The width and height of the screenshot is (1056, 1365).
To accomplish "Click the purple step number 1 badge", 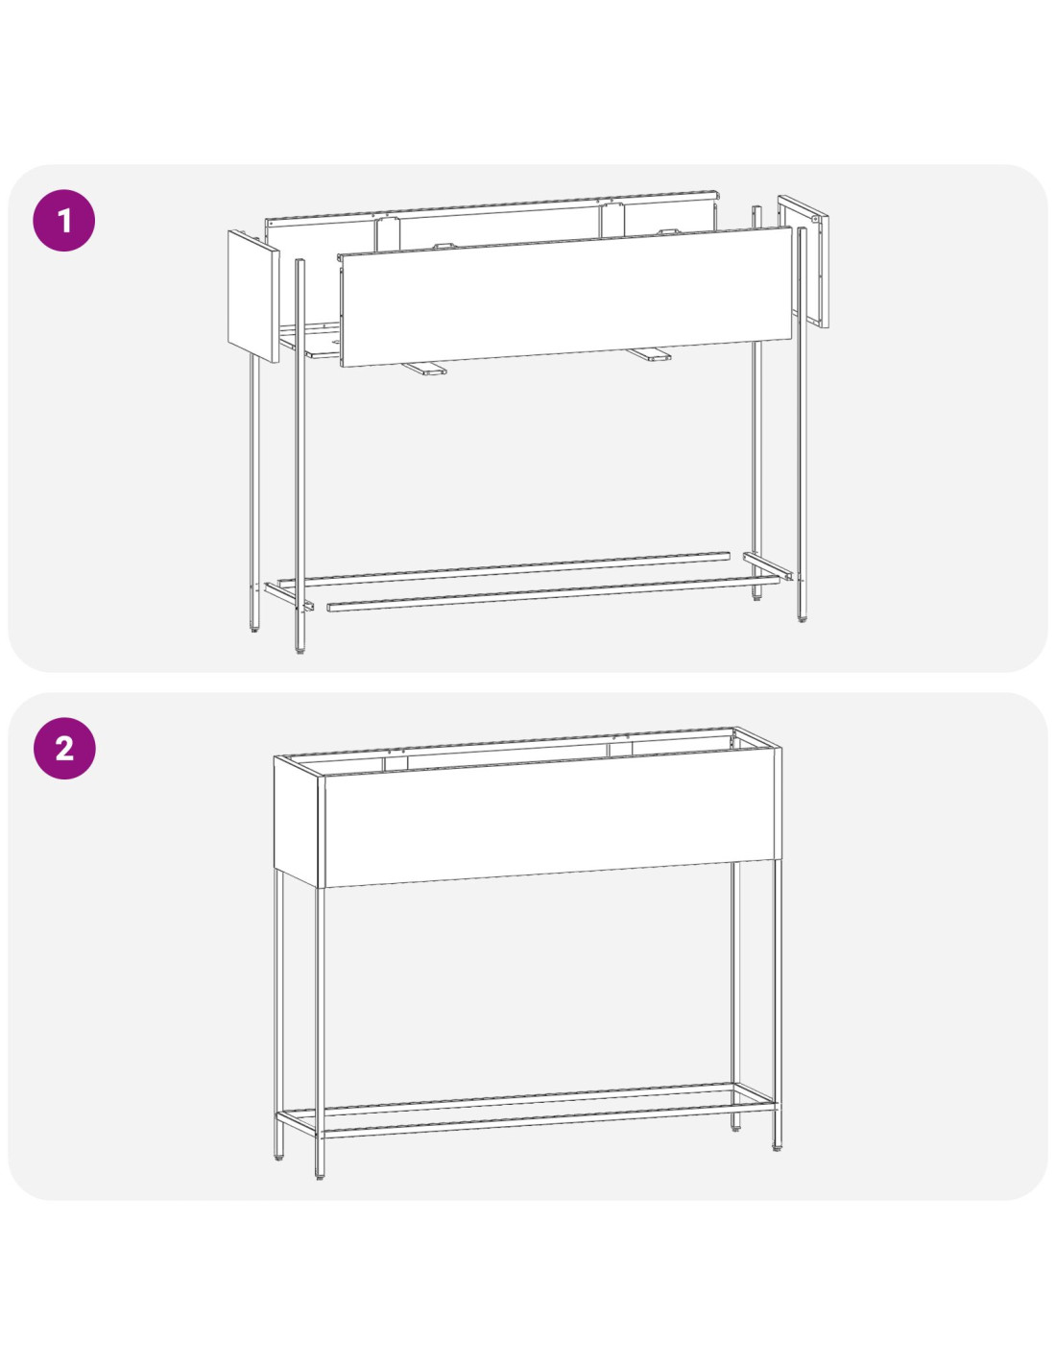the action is click(63, 221).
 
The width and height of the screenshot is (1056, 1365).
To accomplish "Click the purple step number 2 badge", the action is click(64, 748).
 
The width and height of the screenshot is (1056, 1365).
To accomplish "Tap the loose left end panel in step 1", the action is click(253, 296).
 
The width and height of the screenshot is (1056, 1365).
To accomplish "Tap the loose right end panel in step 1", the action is click(803, 261).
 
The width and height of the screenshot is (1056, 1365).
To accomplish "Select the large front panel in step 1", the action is click(565, 297).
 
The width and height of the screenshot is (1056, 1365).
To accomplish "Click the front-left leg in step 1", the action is click(300, 456).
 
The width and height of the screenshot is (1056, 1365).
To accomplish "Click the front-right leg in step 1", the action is click(803, 424).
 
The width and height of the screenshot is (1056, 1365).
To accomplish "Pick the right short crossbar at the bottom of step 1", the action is click(768, 566).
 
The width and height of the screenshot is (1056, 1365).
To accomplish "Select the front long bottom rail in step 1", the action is click(554, 593).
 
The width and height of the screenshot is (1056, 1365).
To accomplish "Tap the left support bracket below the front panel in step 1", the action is click(424, 368).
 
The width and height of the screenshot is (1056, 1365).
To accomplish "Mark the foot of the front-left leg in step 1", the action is click(300, 652).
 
